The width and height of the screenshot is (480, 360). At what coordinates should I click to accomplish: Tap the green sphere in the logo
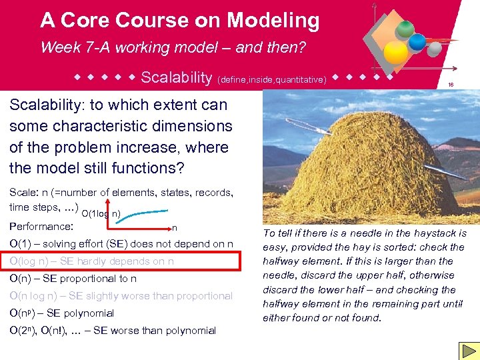point(404,29)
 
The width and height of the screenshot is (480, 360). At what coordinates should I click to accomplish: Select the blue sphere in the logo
point(417,42)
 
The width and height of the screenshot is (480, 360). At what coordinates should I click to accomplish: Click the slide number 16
point(451,85)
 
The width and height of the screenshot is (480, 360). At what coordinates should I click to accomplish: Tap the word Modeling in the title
point(273,20)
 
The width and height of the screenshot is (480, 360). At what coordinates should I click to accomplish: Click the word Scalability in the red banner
point(176,77)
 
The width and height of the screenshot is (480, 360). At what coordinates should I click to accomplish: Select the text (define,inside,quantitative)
point(271,79)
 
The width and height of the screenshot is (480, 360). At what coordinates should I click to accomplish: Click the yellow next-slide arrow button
point(467,351)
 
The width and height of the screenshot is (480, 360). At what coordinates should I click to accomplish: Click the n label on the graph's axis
point(175,228)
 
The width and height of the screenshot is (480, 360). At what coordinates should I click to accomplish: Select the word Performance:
point(41,226)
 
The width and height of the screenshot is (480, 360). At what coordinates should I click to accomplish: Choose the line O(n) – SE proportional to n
point(73,278)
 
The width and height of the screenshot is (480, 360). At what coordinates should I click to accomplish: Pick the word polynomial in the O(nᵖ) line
point(88,313)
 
